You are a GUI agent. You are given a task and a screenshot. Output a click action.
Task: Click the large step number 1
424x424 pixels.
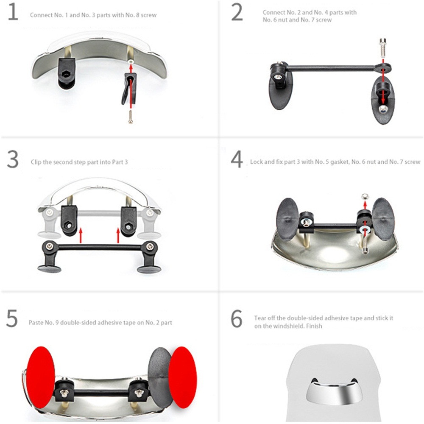pos(13,12)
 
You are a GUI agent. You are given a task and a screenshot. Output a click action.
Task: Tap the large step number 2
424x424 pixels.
pos(237,12)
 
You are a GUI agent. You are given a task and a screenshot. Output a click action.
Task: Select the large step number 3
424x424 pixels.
pos(13,159)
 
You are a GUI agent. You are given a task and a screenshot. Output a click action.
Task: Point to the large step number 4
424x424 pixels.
pos(237,159)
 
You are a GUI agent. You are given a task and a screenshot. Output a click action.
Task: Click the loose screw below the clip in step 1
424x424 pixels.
pos(131,117)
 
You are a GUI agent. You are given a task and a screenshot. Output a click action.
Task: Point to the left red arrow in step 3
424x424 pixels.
pos(80,235)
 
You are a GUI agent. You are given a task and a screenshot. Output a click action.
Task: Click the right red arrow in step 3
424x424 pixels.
pos(118,235)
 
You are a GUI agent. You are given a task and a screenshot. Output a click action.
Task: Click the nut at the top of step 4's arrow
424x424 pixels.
pos(365,195)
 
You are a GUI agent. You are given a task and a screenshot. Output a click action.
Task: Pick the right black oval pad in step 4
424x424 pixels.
pos(382,219)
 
